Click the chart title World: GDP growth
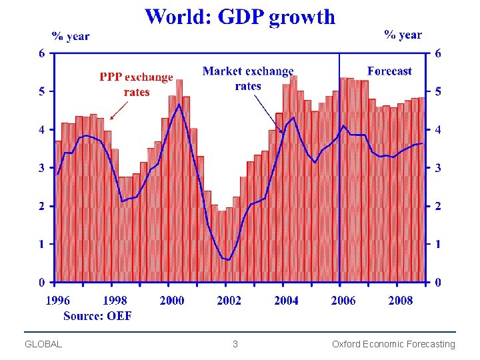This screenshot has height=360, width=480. (x=240, y=17)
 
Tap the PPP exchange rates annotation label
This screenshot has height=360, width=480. (x=136, y=85)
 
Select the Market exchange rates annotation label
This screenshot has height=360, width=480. (x=248, y=78)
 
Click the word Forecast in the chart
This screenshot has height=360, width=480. (x=389, y=71)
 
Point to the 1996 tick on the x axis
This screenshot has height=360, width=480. (x=58, y=301)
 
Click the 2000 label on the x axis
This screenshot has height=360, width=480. (x=172, y=301)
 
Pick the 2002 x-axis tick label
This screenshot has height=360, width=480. (x=229, y=301)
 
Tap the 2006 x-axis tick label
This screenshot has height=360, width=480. (x=343, y=301)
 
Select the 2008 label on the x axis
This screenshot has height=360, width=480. (x=401, y=301)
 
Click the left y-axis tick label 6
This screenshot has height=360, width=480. (x=42, y=53)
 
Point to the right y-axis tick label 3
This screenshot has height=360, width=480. (x=438, y=168)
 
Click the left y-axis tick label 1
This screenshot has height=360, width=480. (x=42, y=244)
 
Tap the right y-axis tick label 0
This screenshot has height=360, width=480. (x=438, y=283)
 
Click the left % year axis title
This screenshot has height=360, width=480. (x=71, y=36)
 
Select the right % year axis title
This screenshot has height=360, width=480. (x=403, y=35)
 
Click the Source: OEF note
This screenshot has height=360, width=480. (x=97, y=315)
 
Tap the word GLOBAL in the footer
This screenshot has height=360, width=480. (x=43, y=344)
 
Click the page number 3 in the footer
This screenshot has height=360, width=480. (x=235, y=344)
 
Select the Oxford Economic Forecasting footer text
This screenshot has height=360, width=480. (x=393, y=344)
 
